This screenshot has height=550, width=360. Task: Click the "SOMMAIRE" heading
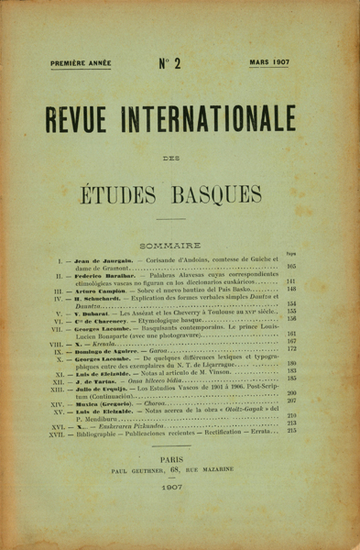pyautogui.click(x=180, y=235)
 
